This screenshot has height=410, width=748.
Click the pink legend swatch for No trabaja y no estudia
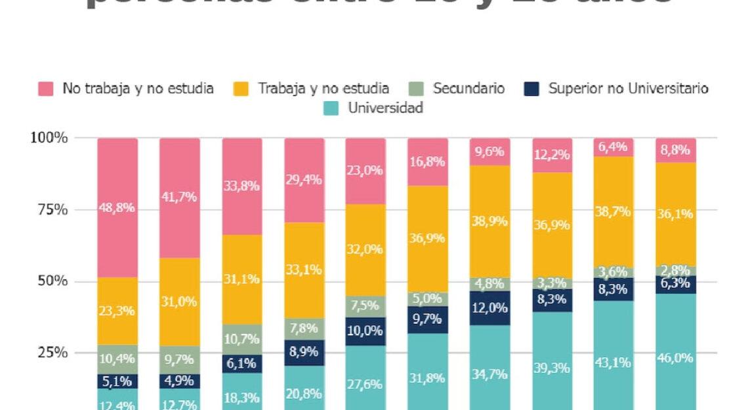(45, 89)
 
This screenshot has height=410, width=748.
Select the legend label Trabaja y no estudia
(323, 89)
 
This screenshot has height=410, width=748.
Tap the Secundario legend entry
(468, 89)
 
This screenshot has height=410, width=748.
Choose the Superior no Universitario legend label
(628, 89)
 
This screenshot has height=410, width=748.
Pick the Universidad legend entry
(385, 108)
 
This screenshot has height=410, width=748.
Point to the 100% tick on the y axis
(49, 138)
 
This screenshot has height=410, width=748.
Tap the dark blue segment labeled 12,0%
(490, 307)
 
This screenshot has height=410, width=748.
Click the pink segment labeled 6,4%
(613, 147)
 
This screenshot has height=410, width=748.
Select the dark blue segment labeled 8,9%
(304, 352)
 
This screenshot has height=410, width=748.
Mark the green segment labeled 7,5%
(365, 306)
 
